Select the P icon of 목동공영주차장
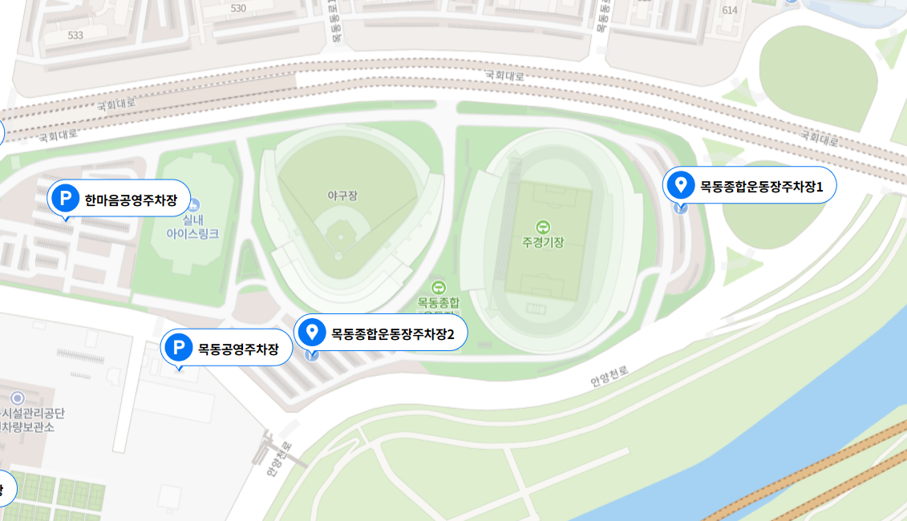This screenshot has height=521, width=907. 178,348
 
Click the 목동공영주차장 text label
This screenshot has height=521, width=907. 239,349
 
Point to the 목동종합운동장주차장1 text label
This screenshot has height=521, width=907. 762,187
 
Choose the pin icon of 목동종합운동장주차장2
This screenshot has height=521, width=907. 311,331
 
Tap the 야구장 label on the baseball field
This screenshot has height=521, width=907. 342,196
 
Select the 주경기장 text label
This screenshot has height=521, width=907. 543,242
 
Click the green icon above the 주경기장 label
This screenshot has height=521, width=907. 543,227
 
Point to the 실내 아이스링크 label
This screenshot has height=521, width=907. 192,227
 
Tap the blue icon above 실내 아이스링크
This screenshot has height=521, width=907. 192,205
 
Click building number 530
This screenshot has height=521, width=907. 238,8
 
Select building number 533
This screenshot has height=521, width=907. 75,35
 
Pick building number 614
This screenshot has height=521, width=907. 729,10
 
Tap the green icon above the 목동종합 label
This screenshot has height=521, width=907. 438,287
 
